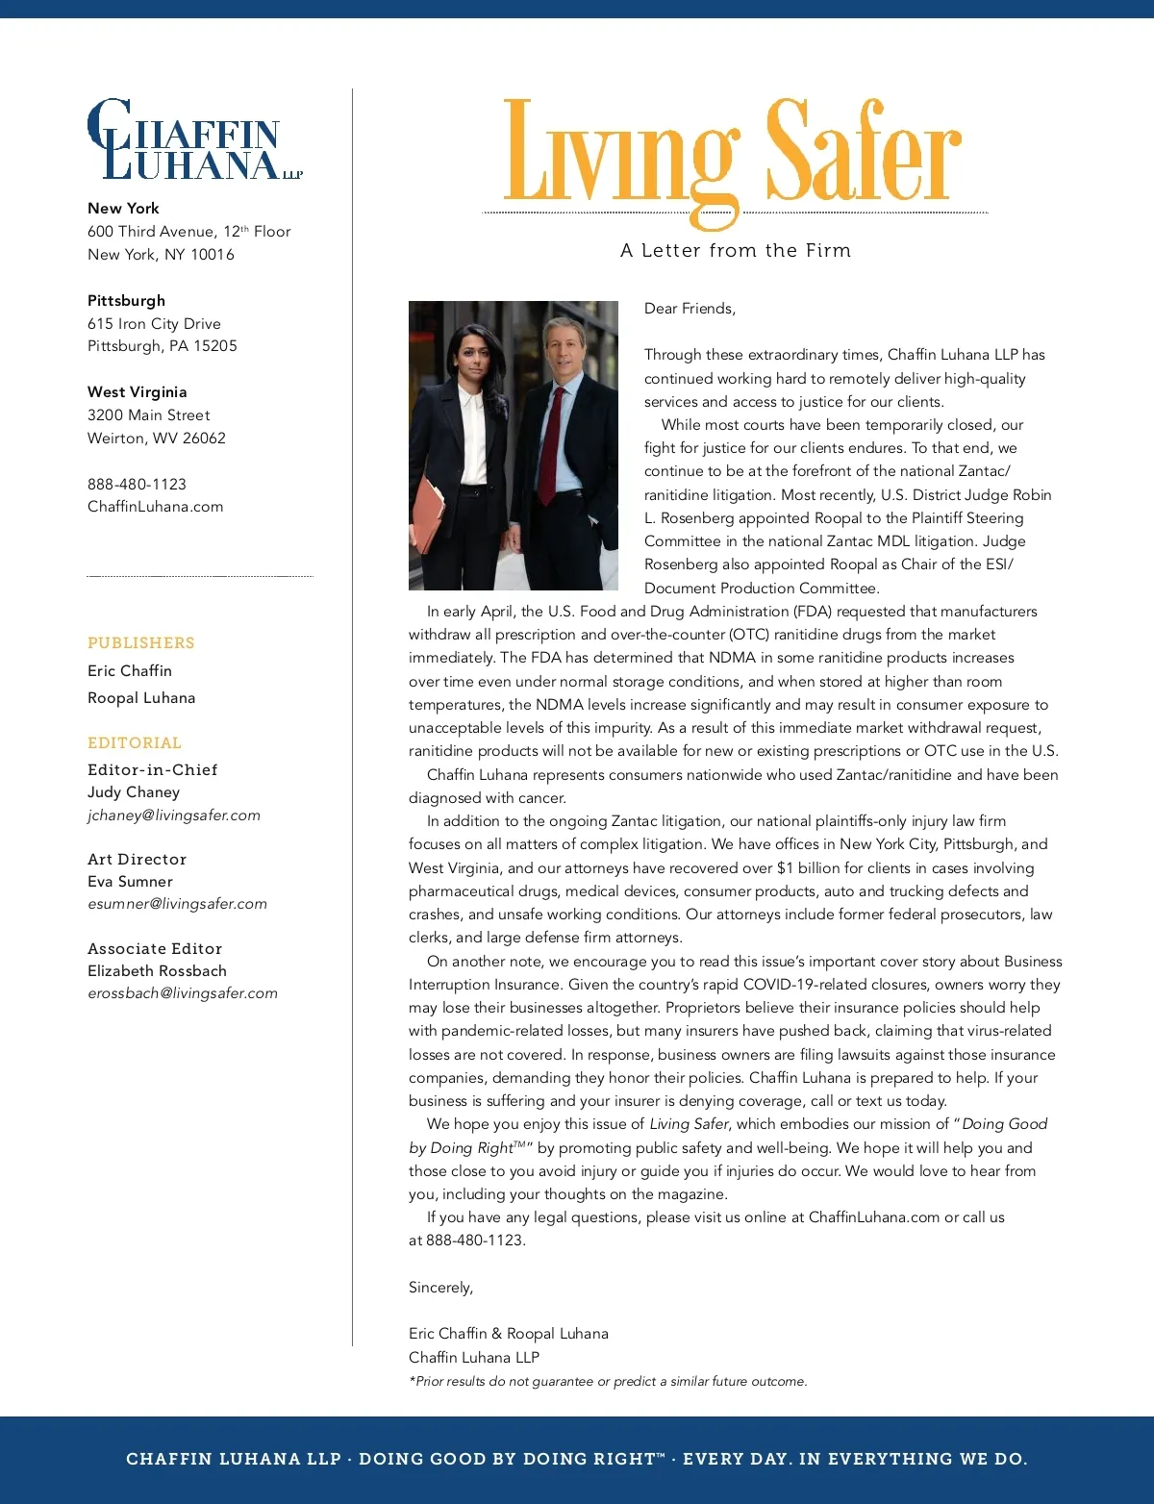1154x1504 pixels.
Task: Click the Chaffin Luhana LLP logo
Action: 194,140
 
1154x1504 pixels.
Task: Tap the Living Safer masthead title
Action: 733,154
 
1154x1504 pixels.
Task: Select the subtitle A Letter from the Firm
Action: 736,251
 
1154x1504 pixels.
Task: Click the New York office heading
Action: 123,209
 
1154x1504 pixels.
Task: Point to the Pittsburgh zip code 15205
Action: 215,346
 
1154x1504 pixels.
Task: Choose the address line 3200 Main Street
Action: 149,415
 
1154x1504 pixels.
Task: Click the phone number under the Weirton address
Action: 137,485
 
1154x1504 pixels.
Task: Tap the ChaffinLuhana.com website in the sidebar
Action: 155,507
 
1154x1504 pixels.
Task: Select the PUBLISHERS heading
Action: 141,643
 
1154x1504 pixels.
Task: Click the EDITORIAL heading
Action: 135,743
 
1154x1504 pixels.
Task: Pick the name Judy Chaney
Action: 134,792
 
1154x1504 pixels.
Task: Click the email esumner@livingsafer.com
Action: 178,904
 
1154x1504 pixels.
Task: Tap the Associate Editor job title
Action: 155,949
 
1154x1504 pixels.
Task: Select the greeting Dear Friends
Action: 690,309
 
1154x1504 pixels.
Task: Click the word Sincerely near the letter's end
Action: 440,1288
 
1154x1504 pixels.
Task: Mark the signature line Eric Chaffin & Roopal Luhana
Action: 509,1334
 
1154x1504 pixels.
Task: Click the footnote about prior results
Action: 608,1382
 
